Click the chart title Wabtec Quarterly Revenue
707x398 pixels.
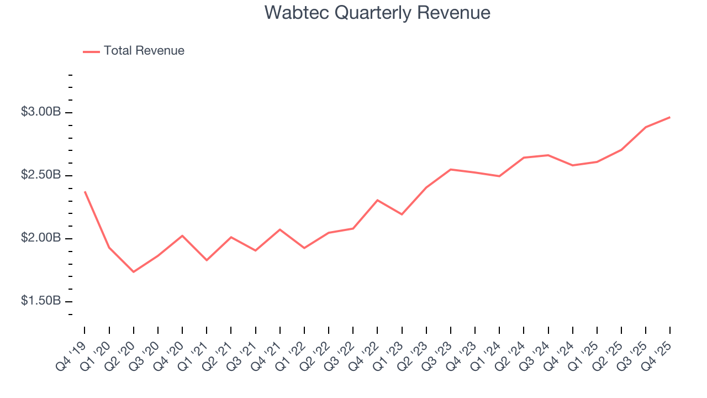[x=377, y=12]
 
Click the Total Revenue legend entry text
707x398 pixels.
[x=144, y=51]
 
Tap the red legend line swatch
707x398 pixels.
[x=91, y=51]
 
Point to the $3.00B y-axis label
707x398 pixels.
[x=41, y=112]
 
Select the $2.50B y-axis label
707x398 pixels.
[x=41, y=175]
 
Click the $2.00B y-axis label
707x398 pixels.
[x=41, y=238]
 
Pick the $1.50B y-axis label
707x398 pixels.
[x=41, y=301]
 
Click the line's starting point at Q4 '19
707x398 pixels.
[x=85, y=192]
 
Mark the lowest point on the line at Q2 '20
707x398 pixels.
[x=134, y=272]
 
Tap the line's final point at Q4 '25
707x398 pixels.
[x=670, y=117]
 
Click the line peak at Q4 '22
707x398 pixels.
[x=377, y=200]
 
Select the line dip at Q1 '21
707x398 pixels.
[x=207, y=260]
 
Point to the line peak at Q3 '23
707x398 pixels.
[x=451, y=169]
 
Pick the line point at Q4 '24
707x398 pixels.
[x=573, y=165]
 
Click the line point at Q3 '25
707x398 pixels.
[x=646, y=127]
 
